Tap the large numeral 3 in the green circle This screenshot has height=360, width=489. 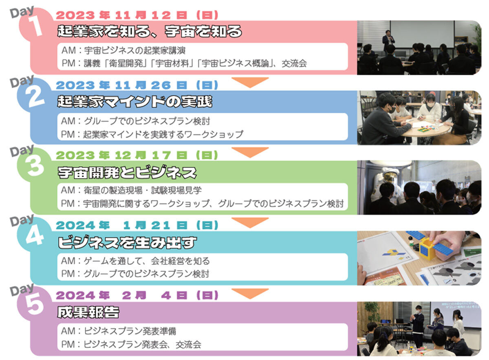[x=35, y=166]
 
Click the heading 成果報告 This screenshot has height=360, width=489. [x=88, y=312]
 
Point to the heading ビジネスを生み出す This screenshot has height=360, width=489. [x=127, y=242]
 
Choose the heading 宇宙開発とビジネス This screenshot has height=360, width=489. [x=127, y=173]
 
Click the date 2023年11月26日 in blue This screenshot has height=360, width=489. [x=137, y=85]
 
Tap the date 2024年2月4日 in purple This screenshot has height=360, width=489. [x=137, y=295]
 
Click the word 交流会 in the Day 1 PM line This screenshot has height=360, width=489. [x=294, y=64]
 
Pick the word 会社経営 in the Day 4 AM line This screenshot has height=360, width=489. [x=167, y=261]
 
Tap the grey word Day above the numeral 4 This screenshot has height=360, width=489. [x=22, y=220]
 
